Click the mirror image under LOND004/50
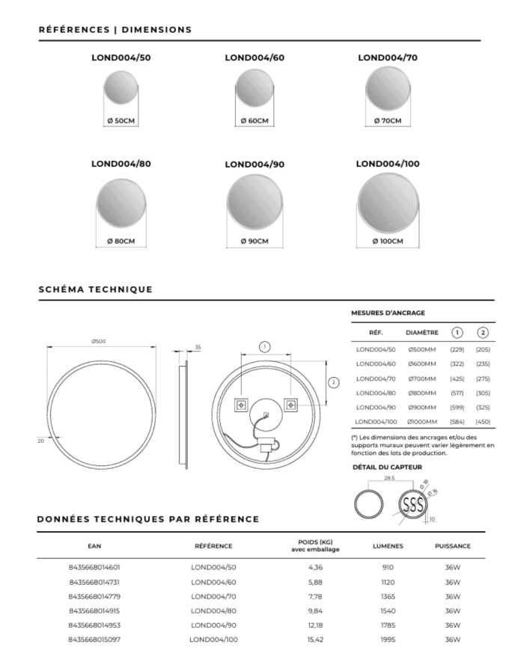click(x=121, y=88)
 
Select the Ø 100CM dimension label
click(x=388, y=241)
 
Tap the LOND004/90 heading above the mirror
click(x=255, y=164)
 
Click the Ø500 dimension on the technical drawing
click(x=98, y=342)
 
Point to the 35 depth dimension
click(x=198, y=347)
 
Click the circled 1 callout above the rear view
click(x=264, y=346)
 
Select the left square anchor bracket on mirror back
click(x=241, y=405)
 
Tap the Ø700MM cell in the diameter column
click(x=421, y=378)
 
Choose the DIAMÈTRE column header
click(x=421, y=332)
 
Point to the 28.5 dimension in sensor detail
click(x=389, y=477)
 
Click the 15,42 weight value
click(x=315, y=640)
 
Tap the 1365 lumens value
click(x=388, y=596)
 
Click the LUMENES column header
click(x=388, y=546)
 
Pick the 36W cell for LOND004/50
click(x=452, y=568)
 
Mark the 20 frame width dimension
click(x=40, y=441)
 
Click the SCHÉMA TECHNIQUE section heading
click(x=95, y=289)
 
